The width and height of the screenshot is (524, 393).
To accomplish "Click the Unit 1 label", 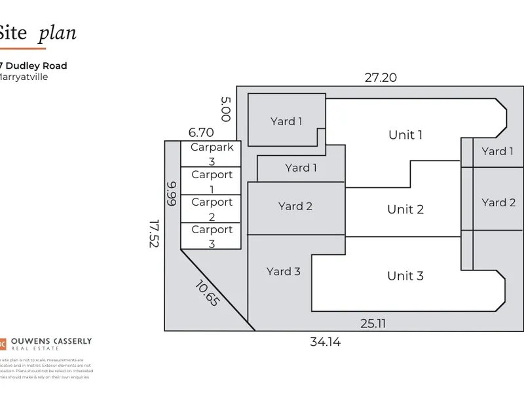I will click(x=405, y=135).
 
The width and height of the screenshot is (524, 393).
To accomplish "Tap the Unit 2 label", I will click(x=405, y=210).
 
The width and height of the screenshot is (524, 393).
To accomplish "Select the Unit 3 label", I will click(x=405, y=276).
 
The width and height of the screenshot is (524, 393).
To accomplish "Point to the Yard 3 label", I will click(x=284, y=271).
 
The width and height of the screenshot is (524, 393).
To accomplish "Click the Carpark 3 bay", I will click(x=212, y=154).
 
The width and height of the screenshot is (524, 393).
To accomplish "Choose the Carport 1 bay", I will click(x=212, y=181).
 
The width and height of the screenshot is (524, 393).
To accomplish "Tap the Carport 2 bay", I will click(x=212, y=209).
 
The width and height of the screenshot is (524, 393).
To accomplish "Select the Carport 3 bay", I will click(x=212, y=236).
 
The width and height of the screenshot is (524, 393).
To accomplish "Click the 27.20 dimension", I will click(x=381, y=77).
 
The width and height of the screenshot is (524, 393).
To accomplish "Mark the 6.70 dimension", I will click(x=201, y=132).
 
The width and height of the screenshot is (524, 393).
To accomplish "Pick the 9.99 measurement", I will click(x=172, y=194).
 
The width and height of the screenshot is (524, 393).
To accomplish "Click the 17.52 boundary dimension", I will click(x=154, y=233).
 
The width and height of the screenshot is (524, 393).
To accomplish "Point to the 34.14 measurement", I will click(x=326, y=341).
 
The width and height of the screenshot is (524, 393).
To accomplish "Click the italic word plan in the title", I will click(x=57, y=33).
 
